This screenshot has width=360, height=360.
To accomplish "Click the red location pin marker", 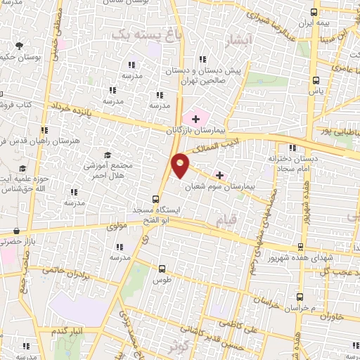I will coord(181,165).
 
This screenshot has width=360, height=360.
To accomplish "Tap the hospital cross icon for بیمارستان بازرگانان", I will coord(195,120).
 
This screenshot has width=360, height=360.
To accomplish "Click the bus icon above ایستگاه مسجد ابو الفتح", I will coord(156,199).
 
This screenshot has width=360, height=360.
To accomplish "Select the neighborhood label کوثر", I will coord(178,345).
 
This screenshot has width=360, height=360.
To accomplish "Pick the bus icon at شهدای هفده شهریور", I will coord(301,247).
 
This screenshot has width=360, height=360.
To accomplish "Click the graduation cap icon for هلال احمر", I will coord(107,155).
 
